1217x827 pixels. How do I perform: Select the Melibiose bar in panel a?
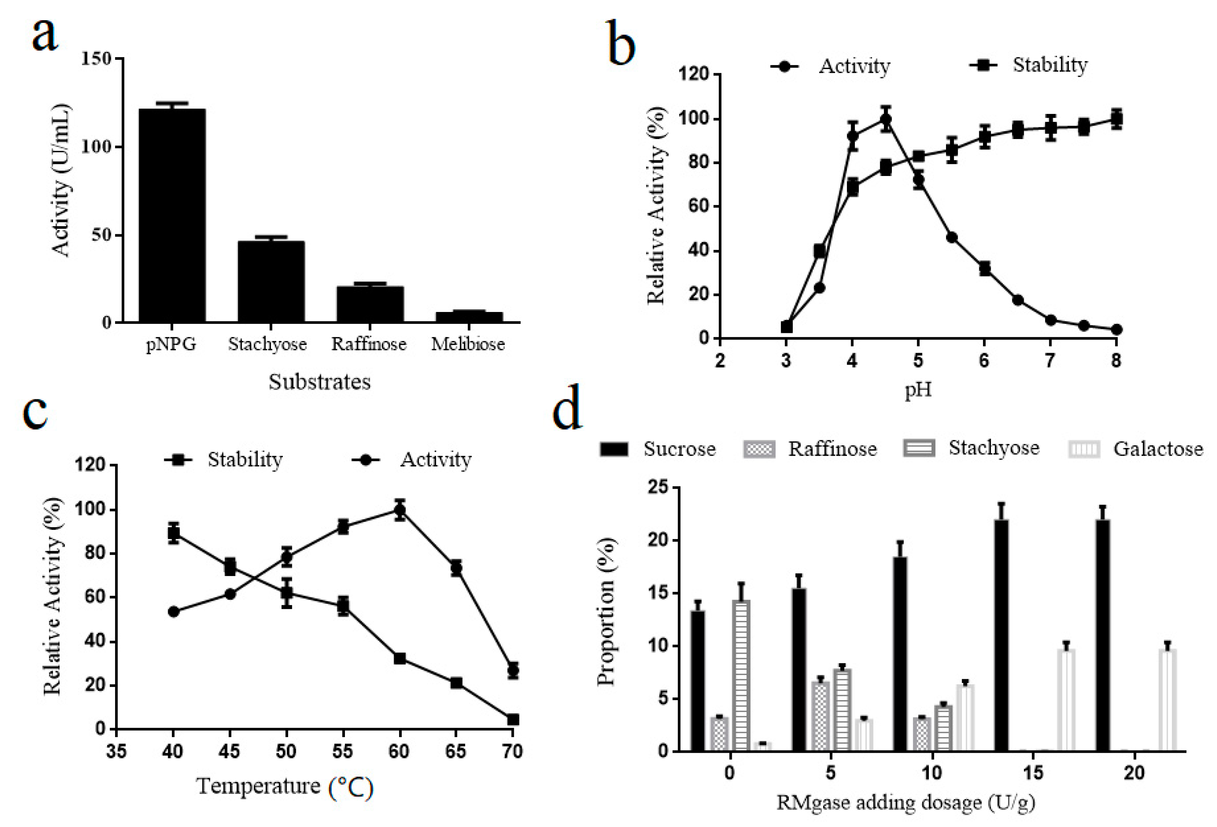point(469,317)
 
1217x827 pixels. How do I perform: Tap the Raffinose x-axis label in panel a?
point(369,344)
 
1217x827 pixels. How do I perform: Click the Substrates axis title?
point(319,382)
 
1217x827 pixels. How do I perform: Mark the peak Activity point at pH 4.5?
point(885,120)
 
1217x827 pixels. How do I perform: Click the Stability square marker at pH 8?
point(1116,119)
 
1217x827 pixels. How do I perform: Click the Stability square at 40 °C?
point(174,533)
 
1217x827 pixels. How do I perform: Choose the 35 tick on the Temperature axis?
point(116,752)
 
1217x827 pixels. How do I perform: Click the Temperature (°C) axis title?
point(285,787)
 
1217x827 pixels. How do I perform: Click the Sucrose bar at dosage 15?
point(1001,635)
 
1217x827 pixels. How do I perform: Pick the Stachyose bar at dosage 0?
point(741,675)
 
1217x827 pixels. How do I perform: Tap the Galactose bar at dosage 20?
point(1167,700)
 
